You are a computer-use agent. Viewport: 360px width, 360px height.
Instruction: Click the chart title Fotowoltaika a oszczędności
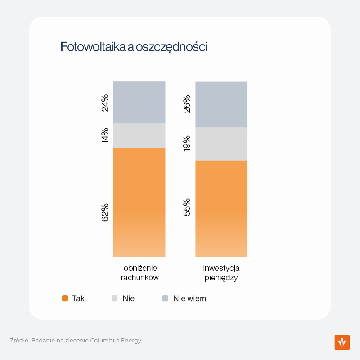[134, 47]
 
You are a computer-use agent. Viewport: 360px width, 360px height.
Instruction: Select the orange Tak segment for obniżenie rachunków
[139, 202]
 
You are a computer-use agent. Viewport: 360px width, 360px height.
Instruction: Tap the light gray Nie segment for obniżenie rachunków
[139, 136]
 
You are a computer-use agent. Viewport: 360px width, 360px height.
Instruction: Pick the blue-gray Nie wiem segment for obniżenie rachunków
[139, 103]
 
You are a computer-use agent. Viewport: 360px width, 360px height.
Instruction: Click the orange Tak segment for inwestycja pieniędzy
[221, 208]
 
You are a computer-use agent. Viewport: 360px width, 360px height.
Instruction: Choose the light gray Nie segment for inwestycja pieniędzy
[221, 144]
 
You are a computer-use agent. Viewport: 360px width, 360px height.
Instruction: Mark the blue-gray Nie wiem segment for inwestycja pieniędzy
[221, 104]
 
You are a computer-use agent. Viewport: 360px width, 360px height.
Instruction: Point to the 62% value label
[105, 212]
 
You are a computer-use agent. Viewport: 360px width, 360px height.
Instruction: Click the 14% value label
[105, 135]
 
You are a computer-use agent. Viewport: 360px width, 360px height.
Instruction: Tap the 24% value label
[105, 103]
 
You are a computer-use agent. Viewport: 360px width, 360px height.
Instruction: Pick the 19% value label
[187, 143]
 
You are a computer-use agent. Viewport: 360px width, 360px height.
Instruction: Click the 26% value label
[187, 104]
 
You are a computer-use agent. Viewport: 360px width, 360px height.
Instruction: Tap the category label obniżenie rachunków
[140, 273]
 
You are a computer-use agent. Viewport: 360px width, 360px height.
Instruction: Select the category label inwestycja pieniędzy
[221, 273]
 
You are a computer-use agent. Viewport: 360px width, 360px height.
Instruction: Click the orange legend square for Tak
[65, 298]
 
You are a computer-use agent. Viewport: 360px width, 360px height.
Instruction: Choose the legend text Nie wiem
[189, 298]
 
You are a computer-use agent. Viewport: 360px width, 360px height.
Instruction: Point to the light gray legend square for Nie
[115, 298]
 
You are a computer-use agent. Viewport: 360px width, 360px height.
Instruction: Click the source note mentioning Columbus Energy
[76, 341]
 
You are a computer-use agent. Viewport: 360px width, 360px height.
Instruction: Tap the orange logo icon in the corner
[342, 342]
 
